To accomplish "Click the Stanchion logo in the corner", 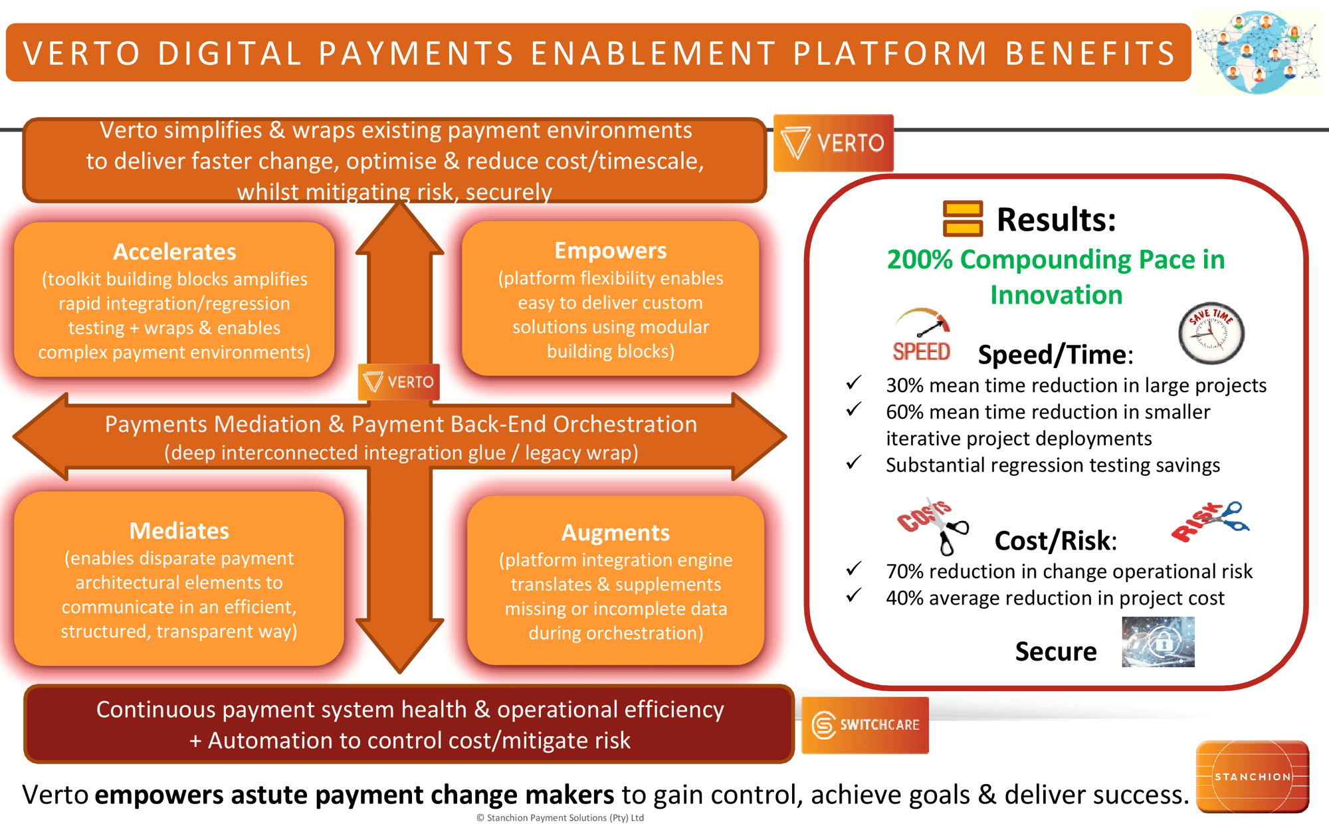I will point(1252,776).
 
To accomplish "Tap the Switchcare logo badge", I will point(865,725).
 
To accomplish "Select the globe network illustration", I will point(1257,52).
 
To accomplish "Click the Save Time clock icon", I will point(1211,334).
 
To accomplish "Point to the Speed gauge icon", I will point(922,334).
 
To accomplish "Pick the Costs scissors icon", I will point(932,525).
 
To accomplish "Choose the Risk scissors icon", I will point(1209,521).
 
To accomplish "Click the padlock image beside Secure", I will point(1158,642).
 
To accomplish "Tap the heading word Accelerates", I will point(175,252).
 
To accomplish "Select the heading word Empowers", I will point(610,251).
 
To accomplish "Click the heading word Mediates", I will point(179,531).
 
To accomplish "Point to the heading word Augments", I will point(615,532).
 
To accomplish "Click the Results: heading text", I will point(1056,219).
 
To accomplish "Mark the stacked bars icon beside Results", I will point(962,219).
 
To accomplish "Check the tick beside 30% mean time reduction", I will point(854,383).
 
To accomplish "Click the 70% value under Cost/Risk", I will point(901,572).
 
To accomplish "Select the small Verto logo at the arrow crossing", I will point(399,382).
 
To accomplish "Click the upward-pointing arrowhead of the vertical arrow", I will point(399,226).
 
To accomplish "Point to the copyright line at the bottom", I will point(560,818).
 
